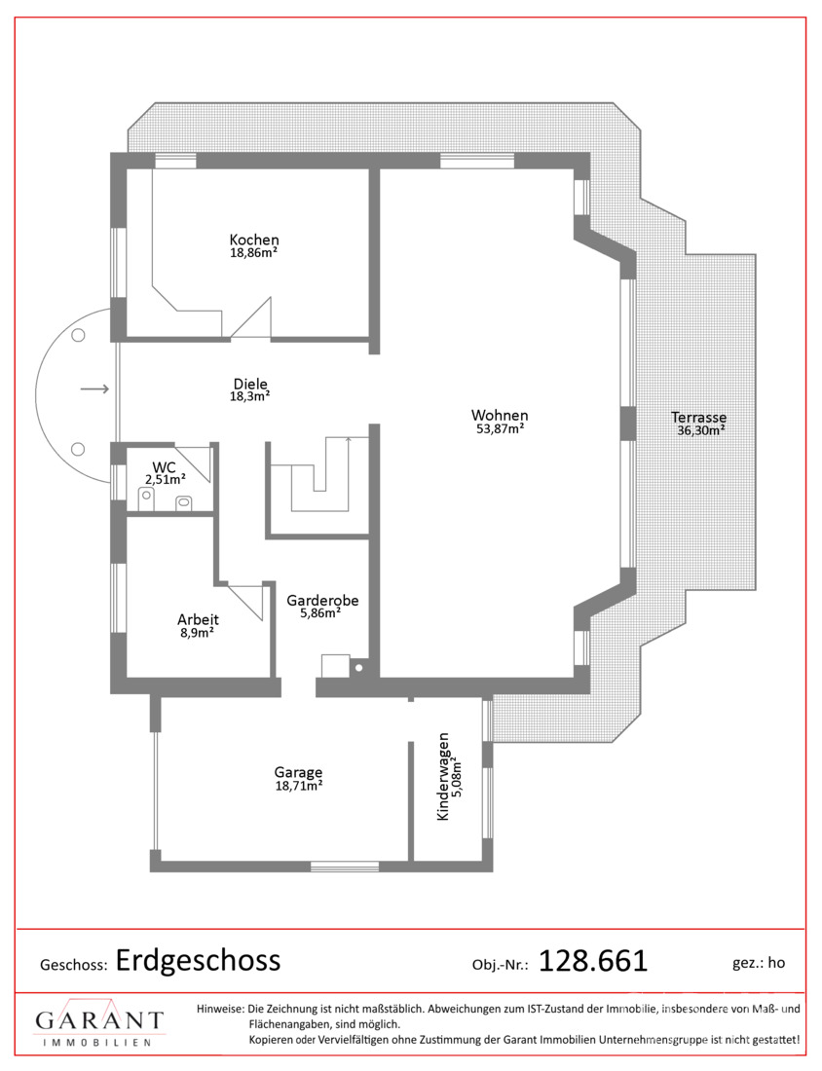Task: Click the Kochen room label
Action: coord(254,240)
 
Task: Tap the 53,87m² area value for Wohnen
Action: coord(501,429)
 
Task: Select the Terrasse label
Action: coord(699,418)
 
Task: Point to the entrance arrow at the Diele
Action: coord(95,389)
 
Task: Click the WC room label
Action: coord(164,468)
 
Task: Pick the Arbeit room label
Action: coord(198,619)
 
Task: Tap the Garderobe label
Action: coord(322,601)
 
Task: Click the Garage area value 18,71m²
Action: coord(299,786)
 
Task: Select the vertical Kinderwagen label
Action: coord(443,777)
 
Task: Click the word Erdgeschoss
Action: coord(198,960)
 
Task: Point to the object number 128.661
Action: coord(593,962)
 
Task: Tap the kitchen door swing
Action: coord(252,317)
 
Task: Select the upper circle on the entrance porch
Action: coord(79,335)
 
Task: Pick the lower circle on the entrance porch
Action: coord(79,449)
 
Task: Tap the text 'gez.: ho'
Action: coord(759,963)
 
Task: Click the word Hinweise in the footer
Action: coord(220,1008)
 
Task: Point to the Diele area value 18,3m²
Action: coord(250,396)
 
